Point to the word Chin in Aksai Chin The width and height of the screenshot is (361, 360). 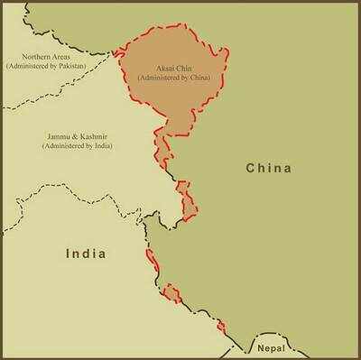(x=184, y=69)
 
